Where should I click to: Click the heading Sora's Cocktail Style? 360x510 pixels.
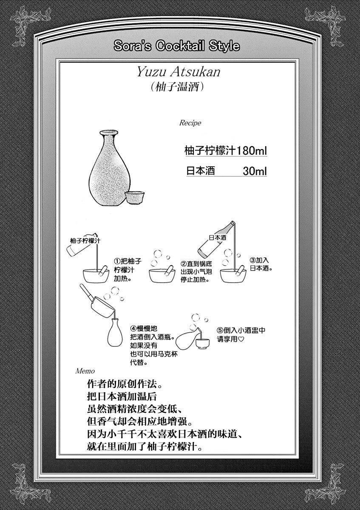(177, 46)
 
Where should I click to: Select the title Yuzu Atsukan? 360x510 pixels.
(179, 72)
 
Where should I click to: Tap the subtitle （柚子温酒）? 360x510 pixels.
(177, 87)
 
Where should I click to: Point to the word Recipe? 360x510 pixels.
(190, 123)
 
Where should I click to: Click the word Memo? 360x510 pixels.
(85, 371)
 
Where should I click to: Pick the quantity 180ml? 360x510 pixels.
(252, 150)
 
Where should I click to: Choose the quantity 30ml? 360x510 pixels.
(255, 171)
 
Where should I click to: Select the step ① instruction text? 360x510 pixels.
(128, 270)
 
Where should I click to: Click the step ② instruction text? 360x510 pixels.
(196, 272)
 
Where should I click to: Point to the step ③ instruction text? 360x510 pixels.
(261, 264)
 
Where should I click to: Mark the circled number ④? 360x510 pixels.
(133, 329)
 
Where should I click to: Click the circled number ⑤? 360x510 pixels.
(220, 330)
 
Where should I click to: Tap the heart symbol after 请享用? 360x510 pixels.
(241, 339)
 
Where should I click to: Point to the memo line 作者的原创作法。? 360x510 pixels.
(125, 384)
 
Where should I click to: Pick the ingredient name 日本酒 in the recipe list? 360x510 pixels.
(201, 171)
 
